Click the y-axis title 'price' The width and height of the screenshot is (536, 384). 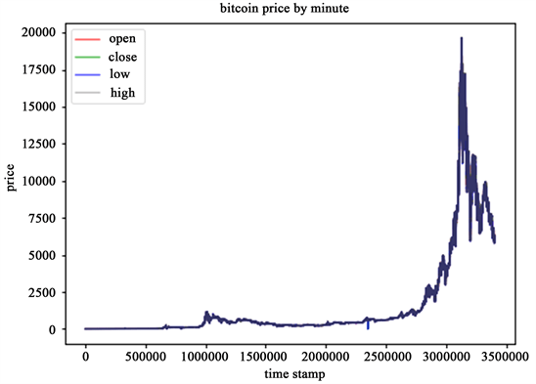[x=12, y=179]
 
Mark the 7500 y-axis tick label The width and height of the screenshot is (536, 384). [x=42, y=218]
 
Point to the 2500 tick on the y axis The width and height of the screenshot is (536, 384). [x=42, y=292]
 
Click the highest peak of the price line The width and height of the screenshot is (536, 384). [x=461, y=38]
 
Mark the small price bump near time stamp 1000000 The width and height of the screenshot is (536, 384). [x=206, y=314]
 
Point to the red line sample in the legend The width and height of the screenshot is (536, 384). [x=88, y=39]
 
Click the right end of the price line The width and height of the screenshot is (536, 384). [x=495, y=241]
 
